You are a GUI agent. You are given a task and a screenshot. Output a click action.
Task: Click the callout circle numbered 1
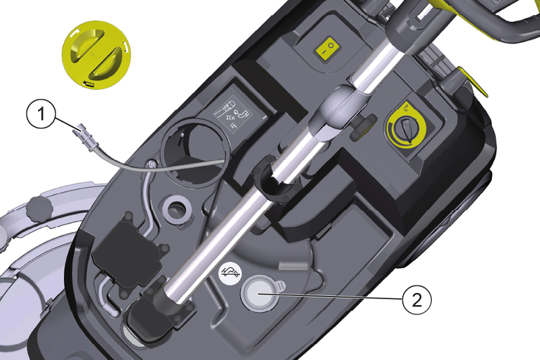pos(41,113)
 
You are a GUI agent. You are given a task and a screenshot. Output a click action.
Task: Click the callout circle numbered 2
pos(417,300)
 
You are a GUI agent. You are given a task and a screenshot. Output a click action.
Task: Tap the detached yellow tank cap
pos(97,55)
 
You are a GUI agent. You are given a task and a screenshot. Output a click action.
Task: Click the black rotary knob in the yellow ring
pos(407,129)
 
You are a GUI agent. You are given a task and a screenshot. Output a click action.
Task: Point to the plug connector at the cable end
pos(85,137)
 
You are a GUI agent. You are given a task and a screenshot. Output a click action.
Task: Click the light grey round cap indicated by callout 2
pos(260,294)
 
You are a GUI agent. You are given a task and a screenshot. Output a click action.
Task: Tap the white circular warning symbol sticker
pos(231,274)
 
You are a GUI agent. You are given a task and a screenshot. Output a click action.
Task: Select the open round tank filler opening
pos(195,152)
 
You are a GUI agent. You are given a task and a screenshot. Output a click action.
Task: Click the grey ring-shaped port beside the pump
pos(177,209)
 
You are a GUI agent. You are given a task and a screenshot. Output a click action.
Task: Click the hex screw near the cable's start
pos(150,165)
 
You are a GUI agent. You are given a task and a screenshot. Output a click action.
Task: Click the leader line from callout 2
pos(331,297)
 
